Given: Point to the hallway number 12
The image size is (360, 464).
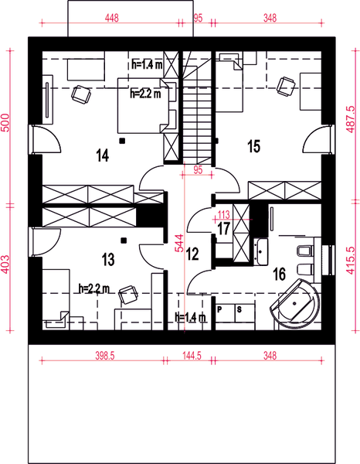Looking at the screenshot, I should point(192,253).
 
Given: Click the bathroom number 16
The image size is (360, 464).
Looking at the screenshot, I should point(279,272).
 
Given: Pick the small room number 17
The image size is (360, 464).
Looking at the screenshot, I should point(223,229).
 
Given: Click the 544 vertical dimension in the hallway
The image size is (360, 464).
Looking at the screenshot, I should point(178,244).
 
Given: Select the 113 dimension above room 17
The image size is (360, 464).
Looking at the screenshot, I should point(224,214).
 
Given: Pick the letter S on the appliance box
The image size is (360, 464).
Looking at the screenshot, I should point(239,309).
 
